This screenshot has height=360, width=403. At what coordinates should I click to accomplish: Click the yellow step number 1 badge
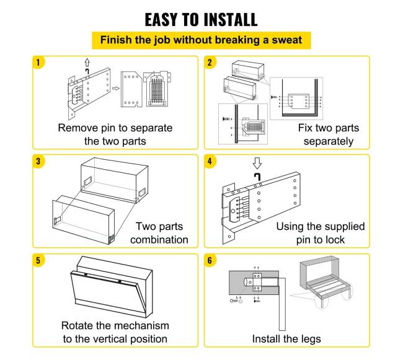(38, 63)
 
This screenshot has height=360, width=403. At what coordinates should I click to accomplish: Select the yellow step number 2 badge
(210, 63)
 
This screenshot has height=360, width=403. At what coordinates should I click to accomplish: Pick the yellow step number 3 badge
(38, 161)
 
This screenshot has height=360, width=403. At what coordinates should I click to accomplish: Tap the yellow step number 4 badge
(210, 161)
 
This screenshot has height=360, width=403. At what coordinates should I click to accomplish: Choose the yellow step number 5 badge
(38, 260)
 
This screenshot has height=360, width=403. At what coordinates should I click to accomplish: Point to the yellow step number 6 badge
(210, 260)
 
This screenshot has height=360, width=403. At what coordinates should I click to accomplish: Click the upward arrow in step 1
(87, 63)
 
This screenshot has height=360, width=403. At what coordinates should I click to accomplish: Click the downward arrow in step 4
(257, 164)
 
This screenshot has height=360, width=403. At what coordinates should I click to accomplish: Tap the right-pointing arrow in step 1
(116, 89)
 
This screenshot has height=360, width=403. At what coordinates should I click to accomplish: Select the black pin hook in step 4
(257, 177)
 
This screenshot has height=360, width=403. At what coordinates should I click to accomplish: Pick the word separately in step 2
(329, 141)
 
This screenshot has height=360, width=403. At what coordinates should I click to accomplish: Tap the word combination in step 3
(159, 240)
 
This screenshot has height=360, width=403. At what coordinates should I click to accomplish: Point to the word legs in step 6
(311, 340)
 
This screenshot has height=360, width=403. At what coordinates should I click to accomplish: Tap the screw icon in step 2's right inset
(274, 97)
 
